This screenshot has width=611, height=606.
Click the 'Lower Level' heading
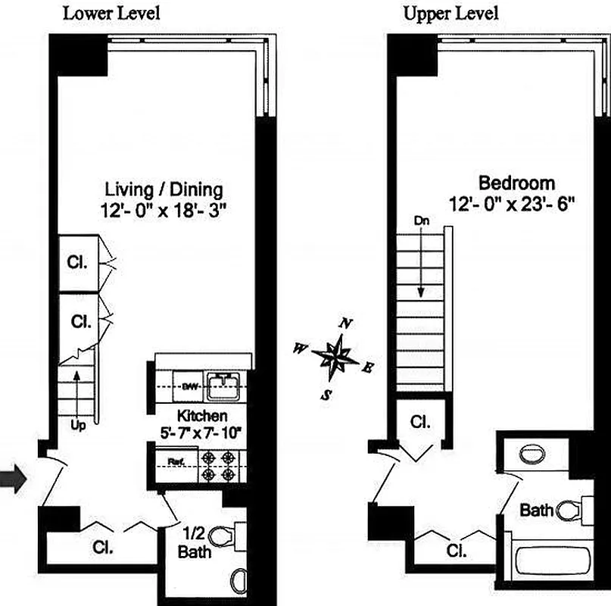pyautogui.click(x=111, y=13)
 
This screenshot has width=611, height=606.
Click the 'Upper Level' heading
pyautogui.click(x=450, y=13)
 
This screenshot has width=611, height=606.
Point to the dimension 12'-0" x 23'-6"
pyautogui.click(x=513, y=202)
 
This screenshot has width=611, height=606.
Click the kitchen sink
pyautogui.click(x=224, y=386)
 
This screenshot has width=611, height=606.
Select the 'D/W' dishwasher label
pyautogui.click(x=189, y=386)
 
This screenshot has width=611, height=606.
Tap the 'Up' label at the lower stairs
pyautogui.click(x=78, y=425)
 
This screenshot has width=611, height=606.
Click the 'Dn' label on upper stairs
pyautogui.click(x=421, y=221)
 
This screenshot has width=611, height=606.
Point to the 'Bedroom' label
pyautogui.click(x=516, y=183)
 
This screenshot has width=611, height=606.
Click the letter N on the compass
pyautogui.click(x=346, y=323)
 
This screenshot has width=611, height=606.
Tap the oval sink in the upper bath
pyautogui.click(x=534, y=454)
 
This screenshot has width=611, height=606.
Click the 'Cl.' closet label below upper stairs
pyautogui.click(x=420, y=422)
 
